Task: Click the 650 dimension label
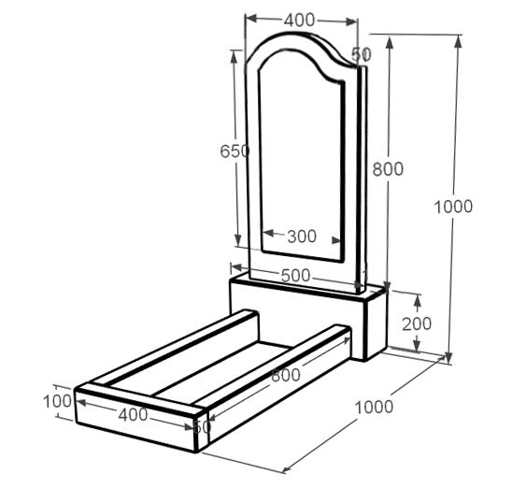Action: [x=235, y=151]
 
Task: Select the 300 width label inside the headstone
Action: [x=302, y=237]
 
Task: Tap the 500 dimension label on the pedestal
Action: [x=295, y=276]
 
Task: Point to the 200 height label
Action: [x=417, y=323]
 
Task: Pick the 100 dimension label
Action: [x=58, y=401]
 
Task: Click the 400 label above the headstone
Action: [x=299, y=21]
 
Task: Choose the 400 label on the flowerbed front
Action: [x=134, y=414]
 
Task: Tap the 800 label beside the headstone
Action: [x=388, y=169]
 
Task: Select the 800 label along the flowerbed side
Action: [x=286, y=375]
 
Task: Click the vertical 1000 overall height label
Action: [x=453, y=207]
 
